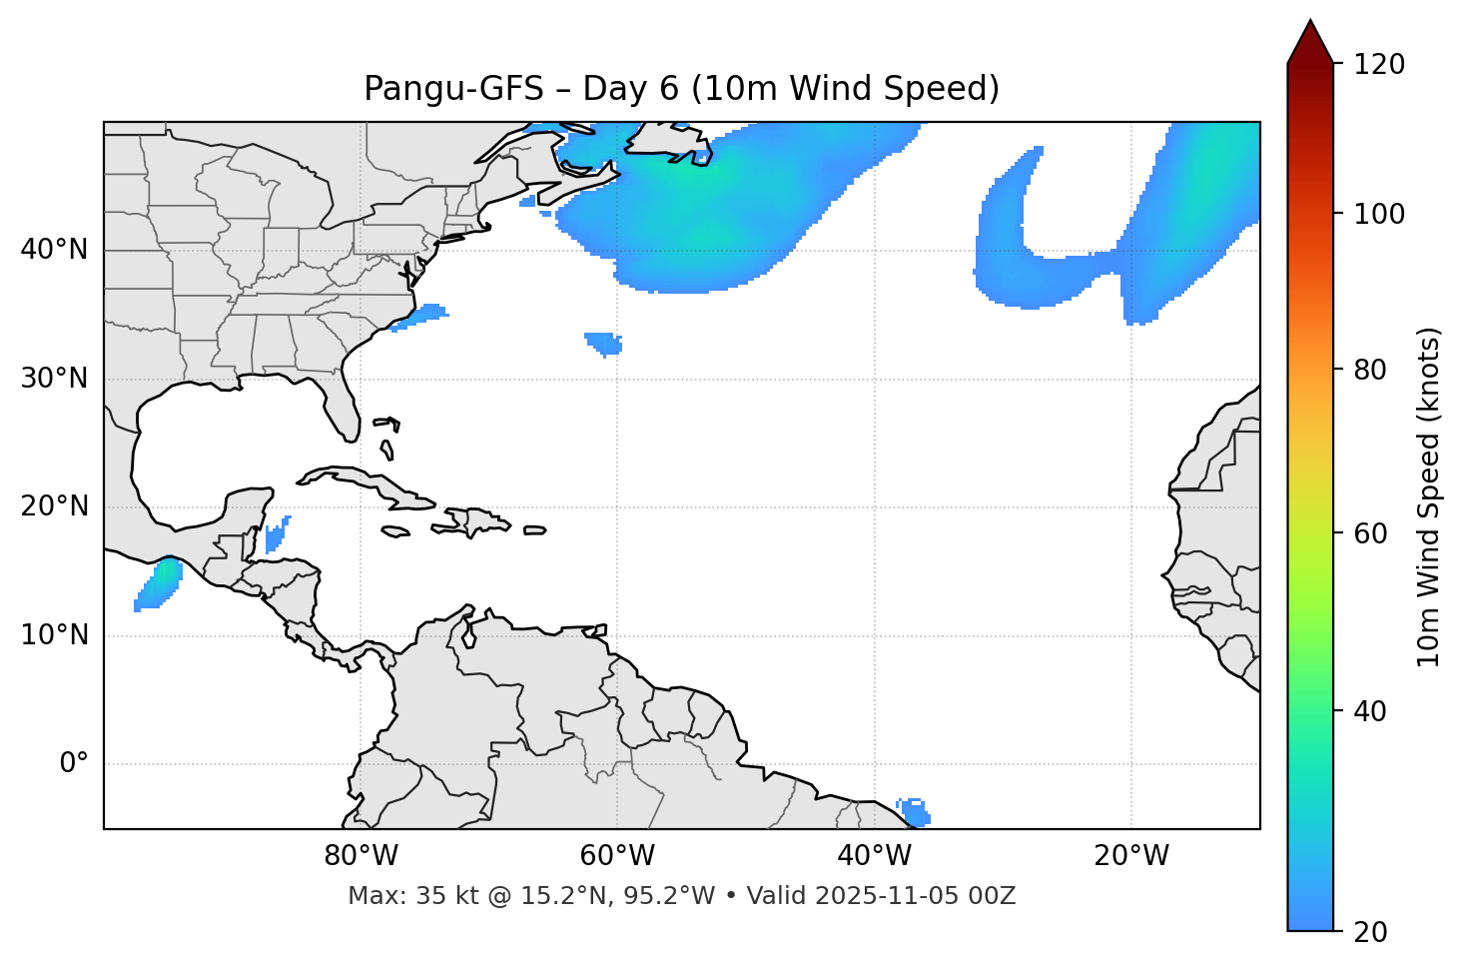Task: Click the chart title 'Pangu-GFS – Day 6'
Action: coord(681,89)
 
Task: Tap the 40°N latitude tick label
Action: coord(54,250)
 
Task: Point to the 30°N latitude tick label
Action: coord(54,379)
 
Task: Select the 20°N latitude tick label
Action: coord(54,506)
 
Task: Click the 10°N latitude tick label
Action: coord(54,635)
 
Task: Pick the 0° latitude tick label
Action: coord(74,764)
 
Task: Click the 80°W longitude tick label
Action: coord(361,856)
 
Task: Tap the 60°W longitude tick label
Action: coord(617,856)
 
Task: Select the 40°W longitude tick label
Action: coord(874,856)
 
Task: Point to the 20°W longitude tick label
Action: coord(1130,856)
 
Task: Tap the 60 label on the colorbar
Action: coord(1370,533)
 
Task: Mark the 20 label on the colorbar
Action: coord(1370,932)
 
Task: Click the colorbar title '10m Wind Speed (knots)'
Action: coord(1429,497)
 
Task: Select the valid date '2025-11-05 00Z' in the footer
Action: coord(915,896)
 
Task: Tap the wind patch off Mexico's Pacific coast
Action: coord(159,585)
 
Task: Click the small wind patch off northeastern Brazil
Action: coord(914,811)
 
